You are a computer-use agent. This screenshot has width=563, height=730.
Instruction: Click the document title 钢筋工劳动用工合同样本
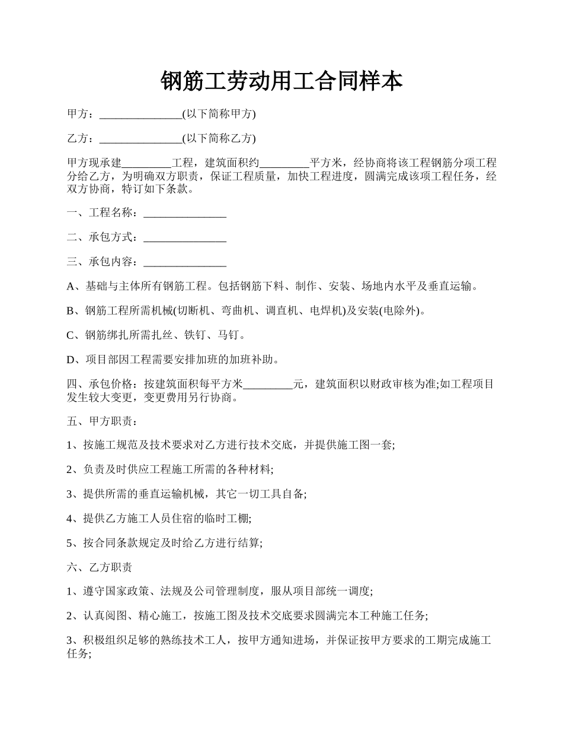(x=281, y=81)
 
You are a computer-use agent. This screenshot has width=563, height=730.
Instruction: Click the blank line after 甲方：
(x=140, y=115)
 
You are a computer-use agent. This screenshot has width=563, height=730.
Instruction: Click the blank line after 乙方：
(x=140, y=139)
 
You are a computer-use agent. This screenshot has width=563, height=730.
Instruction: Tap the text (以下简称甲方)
(x=219, y=114)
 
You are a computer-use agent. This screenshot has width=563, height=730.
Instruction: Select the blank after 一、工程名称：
(x=185, y=213)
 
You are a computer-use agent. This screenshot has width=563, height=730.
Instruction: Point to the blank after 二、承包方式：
(x=185, y=238)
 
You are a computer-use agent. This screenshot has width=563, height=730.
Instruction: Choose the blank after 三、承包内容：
(x=185, y=262)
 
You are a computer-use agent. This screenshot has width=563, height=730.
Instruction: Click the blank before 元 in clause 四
(x=268, y=385)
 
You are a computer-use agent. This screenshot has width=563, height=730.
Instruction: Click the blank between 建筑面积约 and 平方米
(x=284, y=164)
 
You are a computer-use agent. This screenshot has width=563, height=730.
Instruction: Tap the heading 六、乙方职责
(x=100, y=568)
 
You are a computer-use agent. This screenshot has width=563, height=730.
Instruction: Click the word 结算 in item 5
(x=248, y=543)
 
